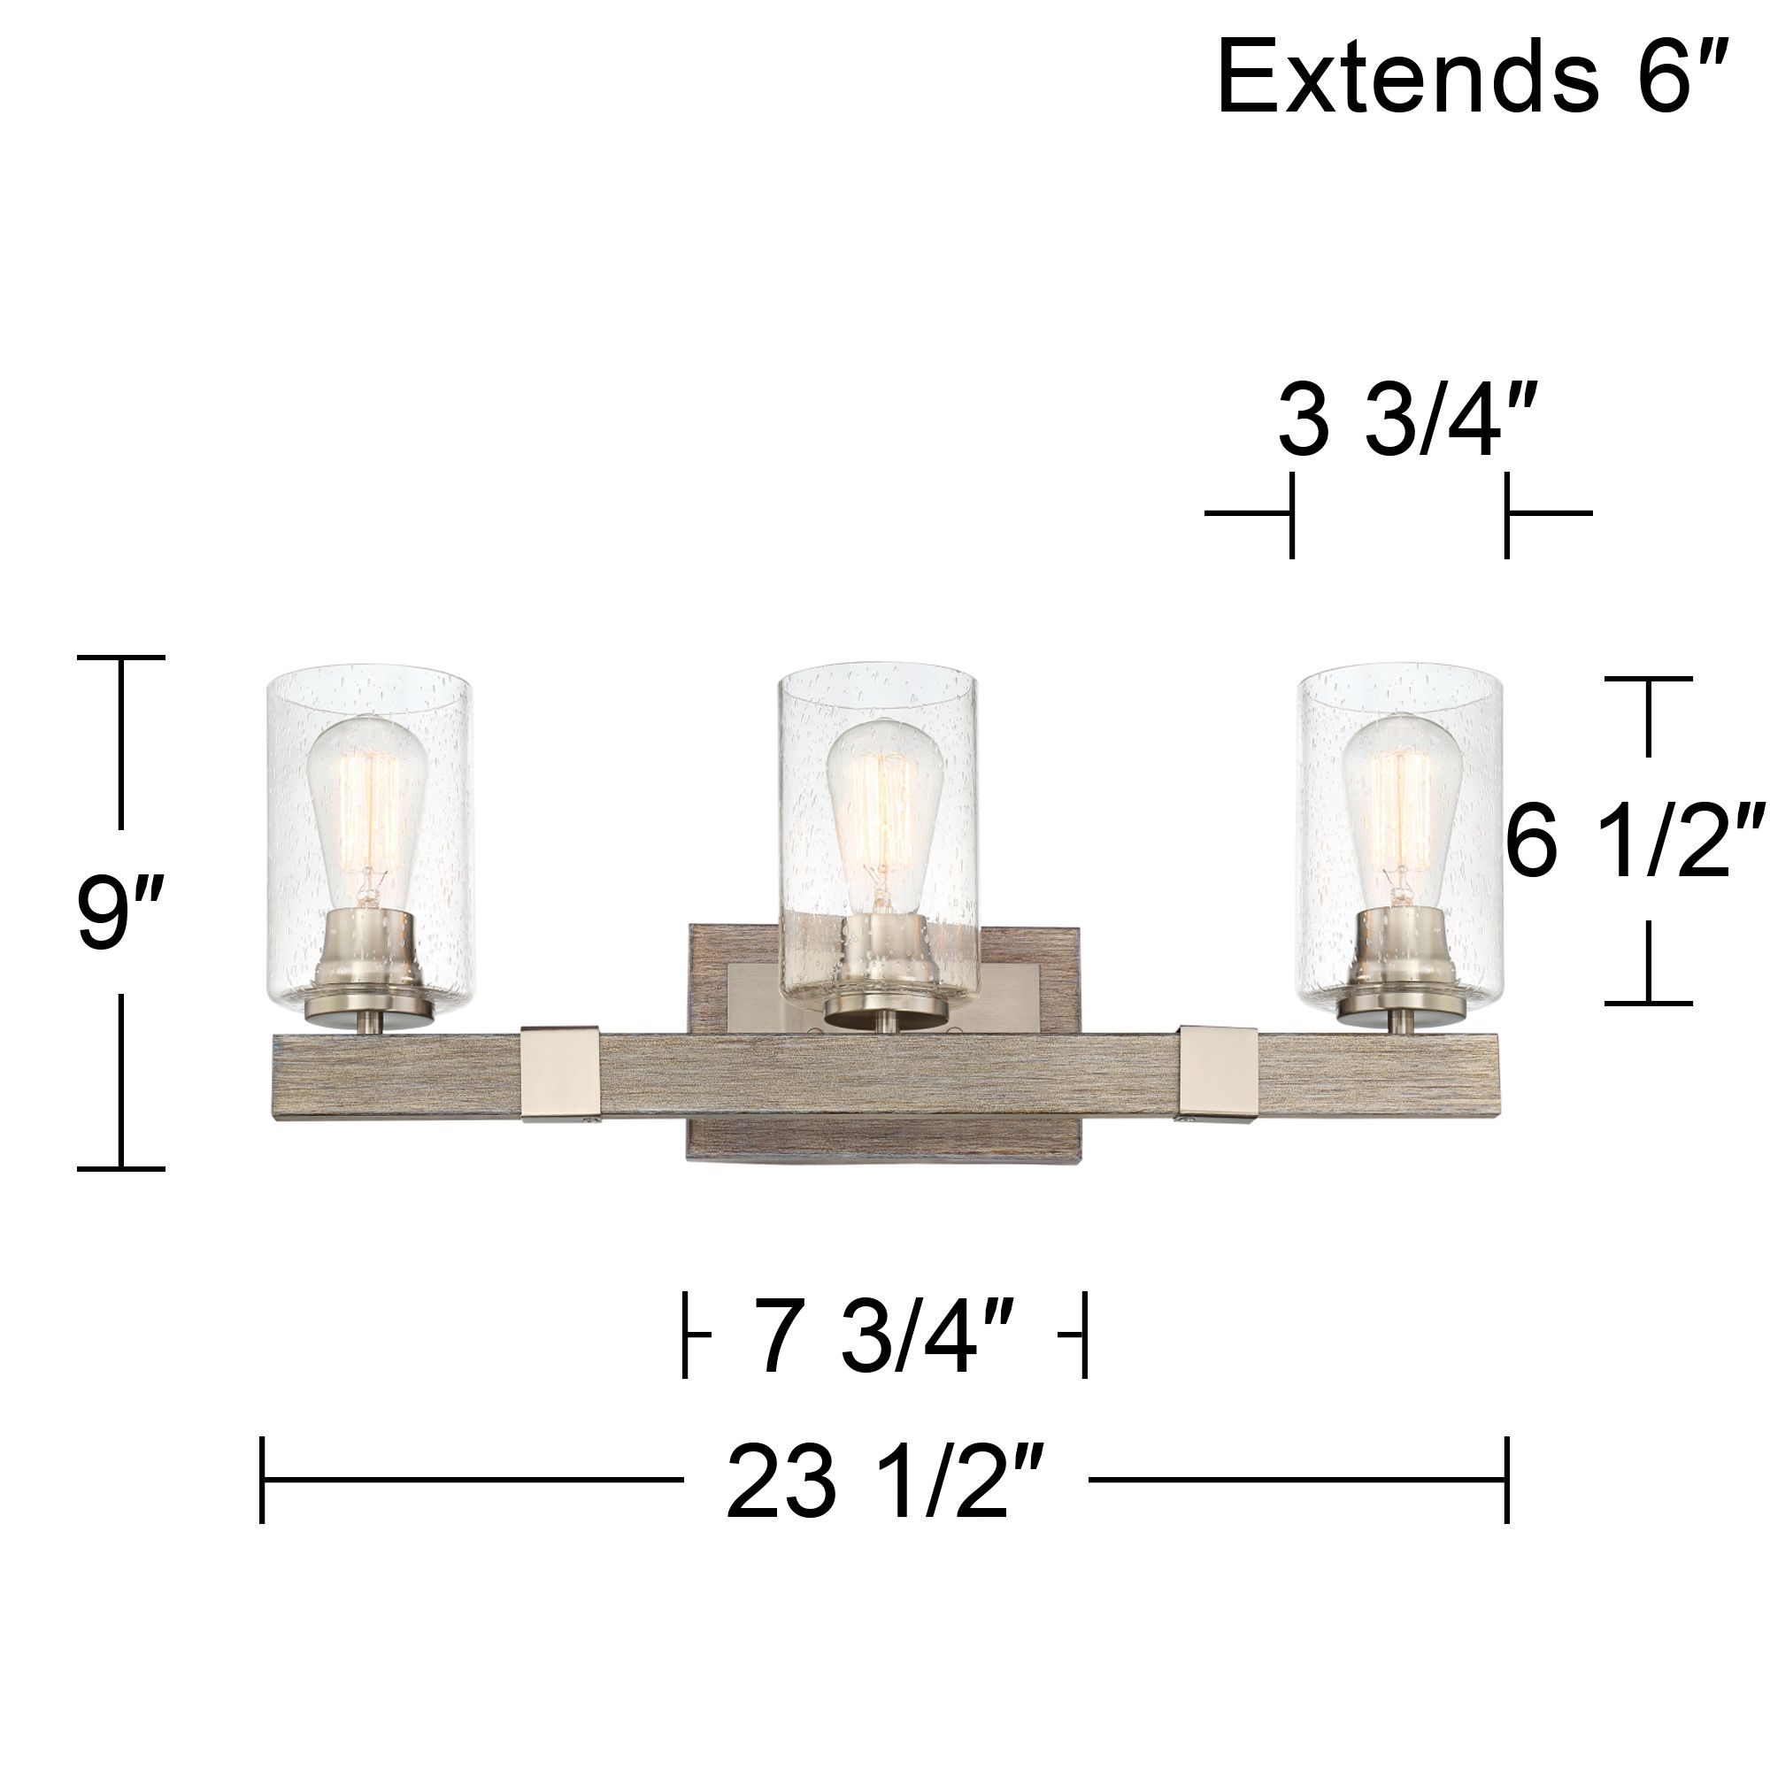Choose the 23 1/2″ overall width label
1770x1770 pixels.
885,1480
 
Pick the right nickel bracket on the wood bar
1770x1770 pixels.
1219,1074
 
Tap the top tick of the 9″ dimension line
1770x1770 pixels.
120,658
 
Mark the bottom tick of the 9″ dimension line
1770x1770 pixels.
120,1169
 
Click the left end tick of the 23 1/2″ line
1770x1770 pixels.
262,1480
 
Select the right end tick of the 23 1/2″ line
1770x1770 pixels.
1507,1480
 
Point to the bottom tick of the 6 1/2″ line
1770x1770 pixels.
1648,1004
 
